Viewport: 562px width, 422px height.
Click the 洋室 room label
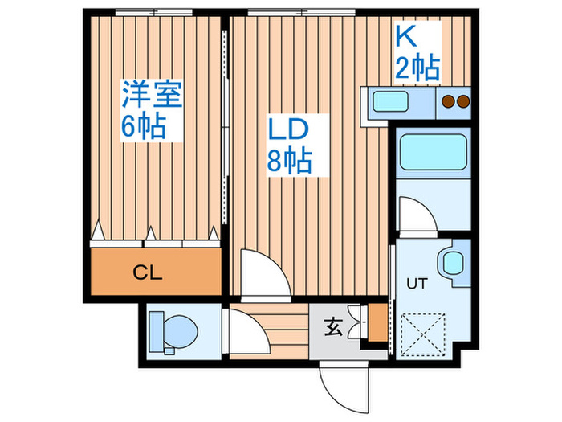coord(152,94)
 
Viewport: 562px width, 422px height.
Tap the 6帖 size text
coord(145,126)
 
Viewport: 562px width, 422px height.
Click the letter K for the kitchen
coord(405,37)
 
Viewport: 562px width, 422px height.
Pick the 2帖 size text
coord(417,68)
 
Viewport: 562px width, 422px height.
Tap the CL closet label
coord(147,272)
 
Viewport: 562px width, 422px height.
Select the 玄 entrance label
coord(335,328)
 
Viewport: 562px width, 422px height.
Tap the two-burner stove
coord(455,101)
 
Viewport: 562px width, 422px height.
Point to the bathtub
coord(434,150)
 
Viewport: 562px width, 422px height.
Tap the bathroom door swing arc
coord(416,215)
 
